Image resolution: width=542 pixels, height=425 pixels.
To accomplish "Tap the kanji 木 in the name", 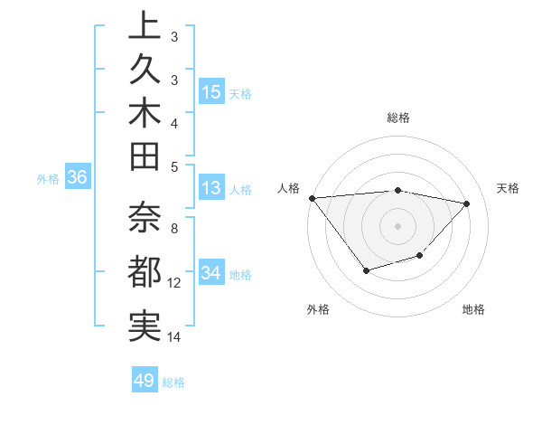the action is (145, 112).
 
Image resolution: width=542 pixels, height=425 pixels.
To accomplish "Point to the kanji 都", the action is (145, 272).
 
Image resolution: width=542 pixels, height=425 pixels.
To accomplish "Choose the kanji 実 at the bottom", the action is (145, 325).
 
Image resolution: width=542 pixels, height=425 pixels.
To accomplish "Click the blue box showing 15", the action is (211, 92).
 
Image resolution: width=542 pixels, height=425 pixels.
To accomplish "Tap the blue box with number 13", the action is (211, 189).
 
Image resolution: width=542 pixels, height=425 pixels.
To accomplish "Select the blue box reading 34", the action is (211, 273).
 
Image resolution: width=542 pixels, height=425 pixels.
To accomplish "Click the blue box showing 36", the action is (77, 178).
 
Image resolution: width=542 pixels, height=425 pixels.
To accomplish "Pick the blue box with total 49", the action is (145, 381).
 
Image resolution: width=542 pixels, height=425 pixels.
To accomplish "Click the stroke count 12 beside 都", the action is (174, 283).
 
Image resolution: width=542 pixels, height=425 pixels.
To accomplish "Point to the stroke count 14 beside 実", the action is (174, 337).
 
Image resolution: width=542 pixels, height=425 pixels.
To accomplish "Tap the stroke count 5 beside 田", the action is (174, 165).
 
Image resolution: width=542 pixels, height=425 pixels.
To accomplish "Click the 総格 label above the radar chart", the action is (397, 118).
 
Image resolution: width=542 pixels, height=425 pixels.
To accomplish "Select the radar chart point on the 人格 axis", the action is (312, 198).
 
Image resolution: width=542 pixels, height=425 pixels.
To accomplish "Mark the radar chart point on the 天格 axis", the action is (466, 203).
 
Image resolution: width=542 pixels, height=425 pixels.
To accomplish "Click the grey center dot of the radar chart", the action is (397, 225).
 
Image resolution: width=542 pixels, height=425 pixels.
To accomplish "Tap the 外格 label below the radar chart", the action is (318, 309).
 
